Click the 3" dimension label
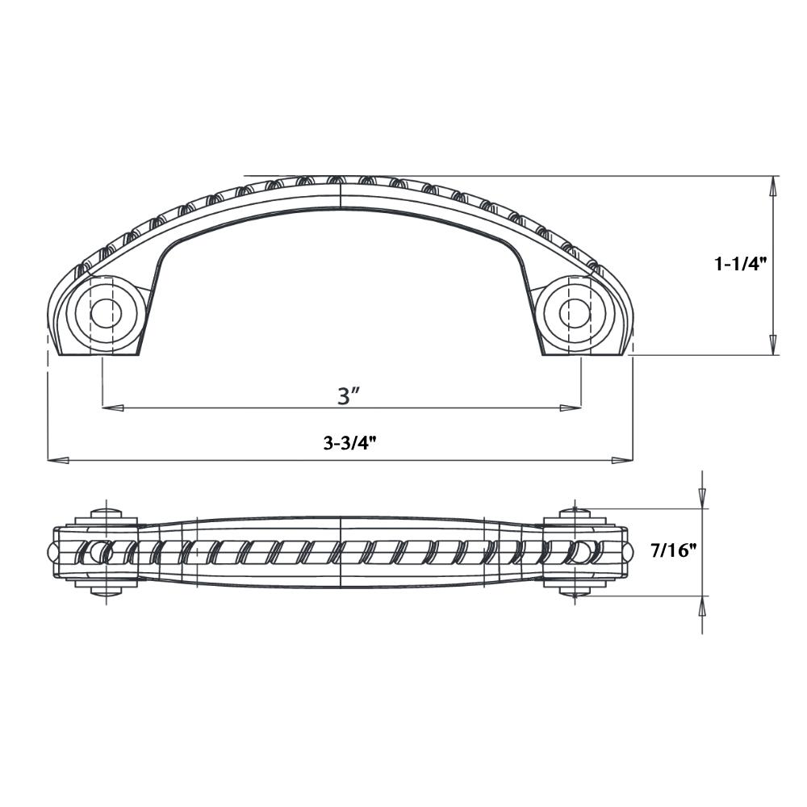(348, 395)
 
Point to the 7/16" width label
(673, 551)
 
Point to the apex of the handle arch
(341, 179)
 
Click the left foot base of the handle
(97, 352)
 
